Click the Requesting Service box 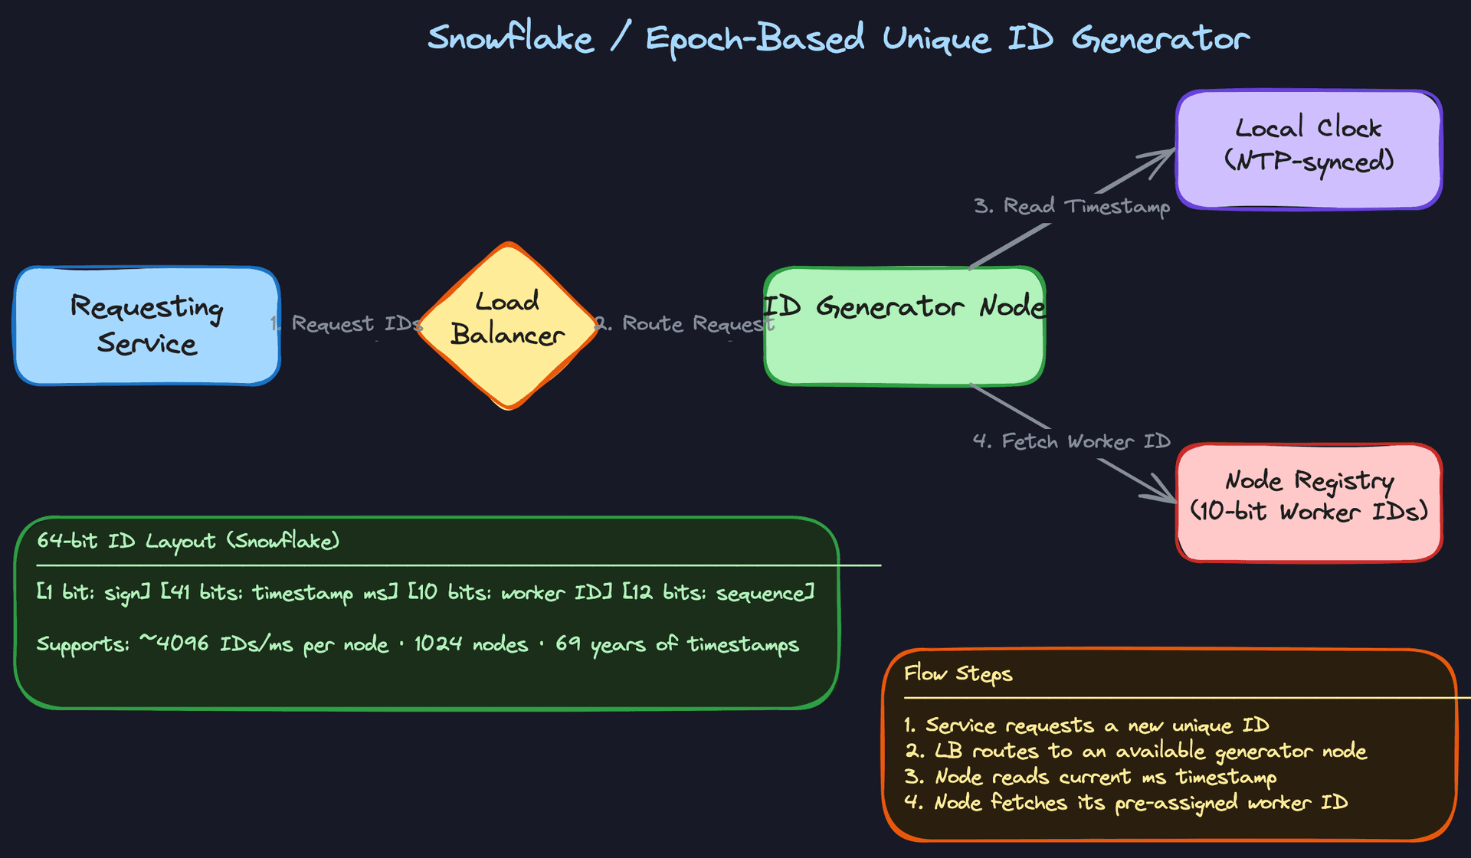[147, 326]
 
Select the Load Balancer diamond [508, 326]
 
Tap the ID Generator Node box [904, 337]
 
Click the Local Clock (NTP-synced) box [1309, 149]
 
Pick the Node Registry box [1309, 502]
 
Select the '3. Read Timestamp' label [1071, 206]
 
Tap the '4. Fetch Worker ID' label [1071, 441]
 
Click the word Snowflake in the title [510, 38]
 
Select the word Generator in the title [1160, 38]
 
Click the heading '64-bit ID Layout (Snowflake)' [188, 541]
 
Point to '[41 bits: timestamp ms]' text [279, 593]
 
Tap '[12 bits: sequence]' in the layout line [718, 593]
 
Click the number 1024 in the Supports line [438, 644]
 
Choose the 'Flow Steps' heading [958, 674]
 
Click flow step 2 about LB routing [1135, 752]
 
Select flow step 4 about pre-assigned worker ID [1126, 803]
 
